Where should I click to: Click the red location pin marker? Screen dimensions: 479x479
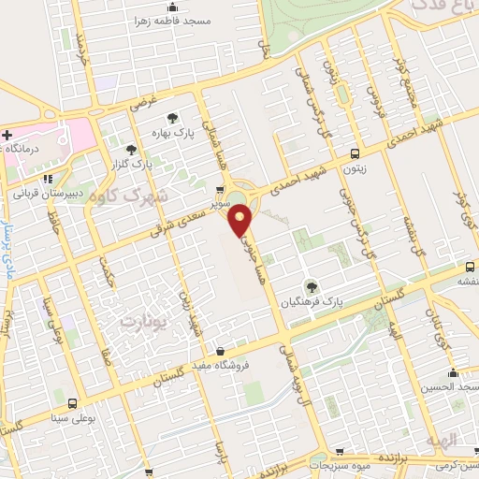pos(240,221)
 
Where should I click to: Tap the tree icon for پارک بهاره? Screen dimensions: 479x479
pos(172,117)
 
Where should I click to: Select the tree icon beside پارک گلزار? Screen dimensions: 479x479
pos(130,149)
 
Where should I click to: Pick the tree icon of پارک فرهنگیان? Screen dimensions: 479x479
pos(312,286)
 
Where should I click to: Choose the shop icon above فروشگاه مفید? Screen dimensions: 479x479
pos(219,352)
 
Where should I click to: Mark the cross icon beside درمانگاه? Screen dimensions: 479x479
pos(7,135)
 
